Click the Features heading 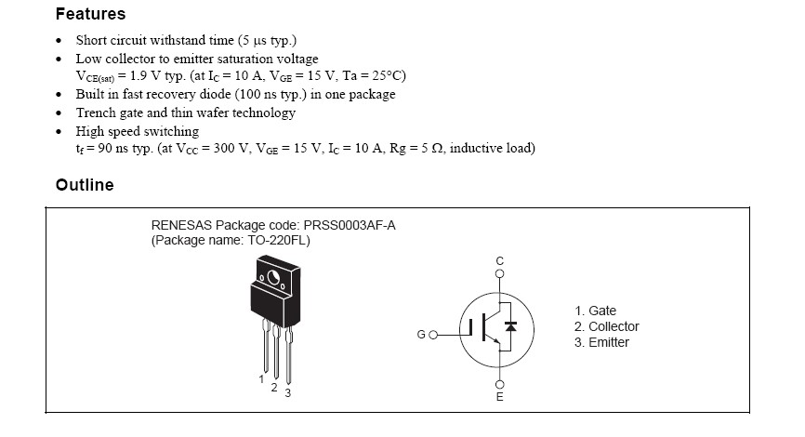point(90,15)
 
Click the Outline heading point(85,185)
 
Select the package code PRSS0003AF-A point(346,225)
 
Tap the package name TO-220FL point(279,240)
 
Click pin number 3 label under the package point(288,392)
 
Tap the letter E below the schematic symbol point(499,399)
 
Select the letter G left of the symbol point(421,334)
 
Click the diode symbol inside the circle point(510,327)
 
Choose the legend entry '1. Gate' point(595,311)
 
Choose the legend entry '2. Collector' point(606,326)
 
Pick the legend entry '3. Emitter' point(601,342)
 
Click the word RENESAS point(181,225)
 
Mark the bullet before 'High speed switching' point(59,131)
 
